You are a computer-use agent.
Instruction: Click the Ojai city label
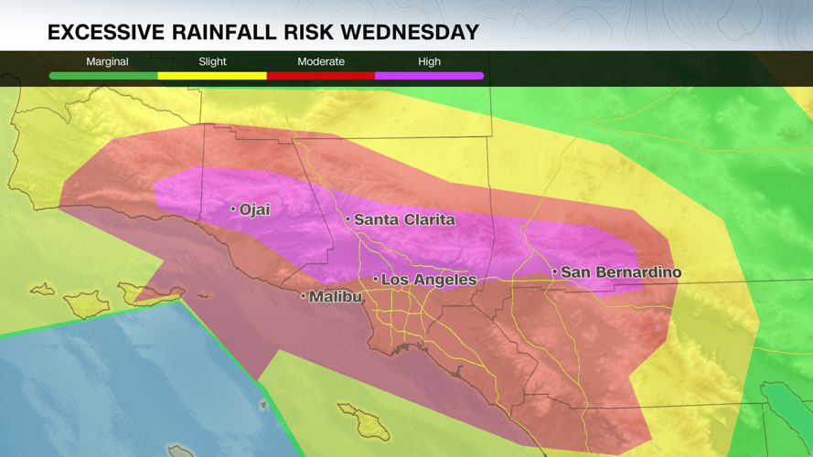(255, 209)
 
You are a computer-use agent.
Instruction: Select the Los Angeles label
(429, 280)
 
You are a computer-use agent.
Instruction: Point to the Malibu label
(336, 297)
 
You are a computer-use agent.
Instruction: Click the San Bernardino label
(621, 272)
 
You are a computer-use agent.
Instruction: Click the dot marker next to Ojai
(233, 209)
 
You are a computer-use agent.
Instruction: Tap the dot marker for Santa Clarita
(348, 219)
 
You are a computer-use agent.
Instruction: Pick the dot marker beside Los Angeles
(375, 279)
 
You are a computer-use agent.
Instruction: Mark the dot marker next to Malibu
(303, 296)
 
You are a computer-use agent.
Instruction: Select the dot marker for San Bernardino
(554, 271)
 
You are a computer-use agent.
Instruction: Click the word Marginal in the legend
(107, 61)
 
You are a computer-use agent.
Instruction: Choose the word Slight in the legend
(212, 61)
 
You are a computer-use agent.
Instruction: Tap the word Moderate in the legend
(321, 61)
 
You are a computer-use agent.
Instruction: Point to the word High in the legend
(429, 61)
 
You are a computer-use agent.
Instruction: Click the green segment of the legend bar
(103, 76)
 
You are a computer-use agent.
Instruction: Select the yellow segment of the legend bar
(212, 76)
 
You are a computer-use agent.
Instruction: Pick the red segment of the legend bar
(321, 76)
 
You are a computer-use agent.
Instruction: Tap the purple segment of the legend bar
(429, 76)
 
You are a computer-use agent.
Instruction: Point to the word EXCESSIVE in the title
(103, 33)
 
